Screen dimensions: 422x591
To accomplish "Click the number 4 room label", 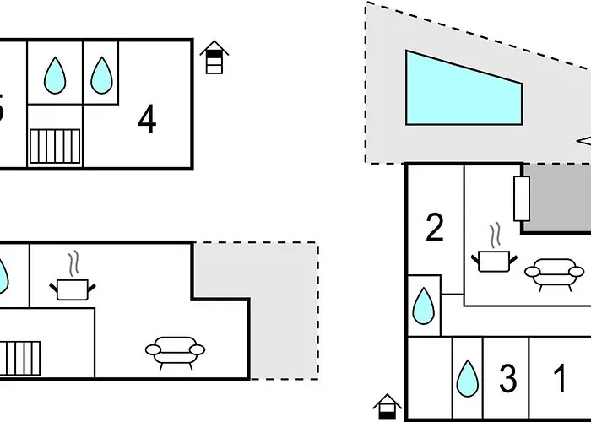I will (148, 121).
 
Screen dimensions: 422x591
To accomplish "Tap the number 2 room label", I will (435, 228).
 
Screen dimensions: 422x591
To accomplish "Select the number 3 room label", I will (507, 379).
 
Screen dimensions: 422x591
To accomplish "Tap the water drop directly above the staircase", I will (55, 75).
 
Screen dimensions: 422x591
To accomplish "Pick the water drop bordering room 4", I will (102, 75).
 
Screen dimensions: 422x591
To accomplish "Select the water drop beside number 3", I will (467, 379).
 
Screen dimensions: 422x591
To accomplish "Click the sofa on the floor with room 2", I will (554, 273).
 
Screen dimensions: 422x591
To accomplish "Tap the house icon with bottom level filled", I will (388, 407).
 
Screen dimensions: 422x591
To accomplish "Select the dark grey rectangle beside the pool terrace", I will (556, 198).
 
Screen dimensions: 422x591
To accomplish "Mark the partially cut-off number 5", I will (2, 110).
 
